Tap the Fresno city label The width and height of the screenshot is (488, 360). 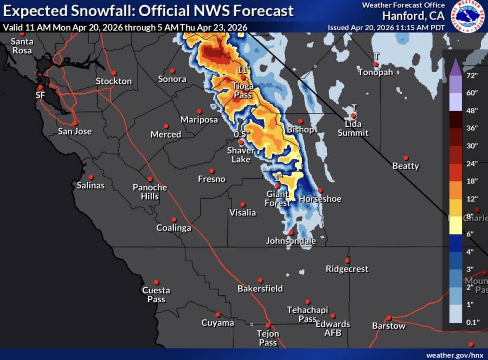click(x=211, y=179)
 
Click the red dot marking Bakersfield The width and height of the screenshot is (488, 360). click(x=260, y=280)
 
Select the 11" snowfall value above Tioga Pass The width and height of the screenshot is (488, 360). click(x=243, y=69)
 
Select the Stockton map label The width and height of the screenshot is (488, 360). click(x=114, y=81)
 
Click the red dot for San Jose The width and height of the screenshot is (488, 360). click(x=75, y=123)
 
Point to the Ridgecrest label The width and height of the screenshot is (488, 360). click(x=347, y=269)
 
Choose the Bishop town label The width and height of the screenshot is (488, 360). click(x=300, y=130)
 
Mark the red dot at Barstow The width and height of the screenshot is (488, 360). click(x=389, y=318)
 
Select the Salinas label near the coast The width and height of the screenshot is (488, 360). click(x=91, y=185)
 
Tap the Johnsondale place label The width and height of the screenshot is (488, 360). click(x=291, y=241)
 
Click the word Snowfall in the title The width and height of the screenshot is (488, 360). click(x=97, y=11)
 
